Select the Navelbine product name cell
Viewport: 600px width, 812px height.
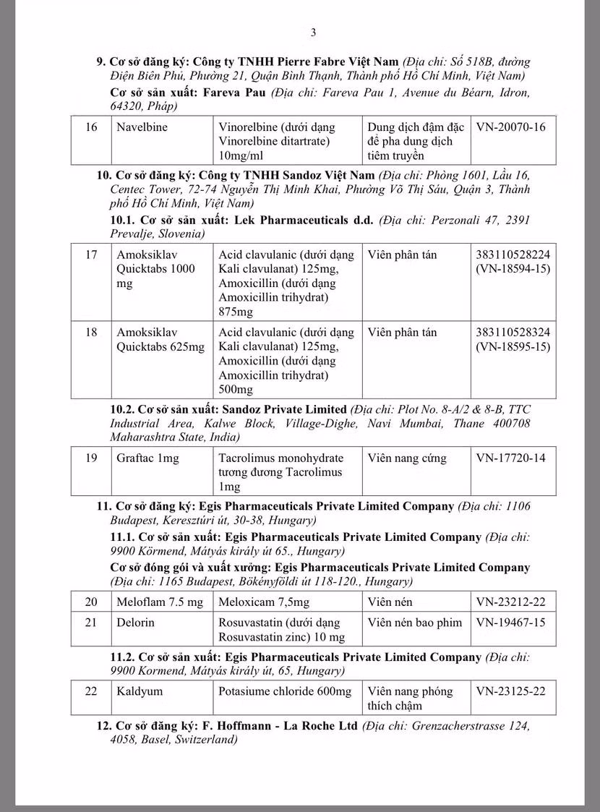click(142, 127)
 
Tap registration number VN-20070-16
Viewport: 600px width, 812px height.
click(510, 127)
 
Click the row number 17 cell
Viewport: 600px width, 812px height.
click(91, 255)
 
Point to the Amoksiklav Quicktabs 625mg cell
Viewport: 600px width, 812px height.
click(160, 340)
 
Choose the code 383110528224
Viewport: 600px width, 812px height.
click(513, 255)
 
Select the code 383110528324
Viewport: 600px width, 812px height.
click(513, 333)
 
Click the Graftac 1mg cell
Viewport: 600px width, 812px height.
click(148, 458)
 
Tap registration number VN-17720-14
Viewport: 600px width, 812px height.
click(510, 458)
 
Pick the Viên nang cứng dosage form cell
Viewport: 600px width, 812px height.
click(407, 458)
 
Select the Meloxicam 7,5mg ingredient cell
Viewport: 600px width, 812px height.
click(264, 602)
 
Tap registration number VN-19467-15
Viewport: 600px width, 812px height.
click(510, 622)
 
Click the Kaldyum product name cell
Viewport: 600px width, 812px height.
click(140, 691)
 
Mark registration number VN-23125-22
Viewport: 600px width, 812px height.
click(510, 691)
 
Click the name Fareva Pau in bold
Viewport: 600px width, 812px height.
click(235, 93)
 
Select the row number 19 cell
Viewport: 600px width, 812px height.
click(91, 458)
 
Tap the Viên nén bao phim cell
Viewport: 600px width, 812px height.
click(414, 622)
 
